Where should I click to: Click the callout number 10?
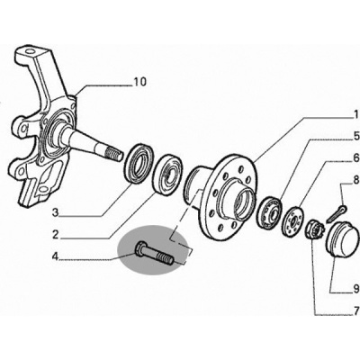tap(139, 82)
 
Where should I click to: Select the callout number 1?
tap(355, 114)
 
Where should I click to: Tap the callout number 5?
tap(355, 137)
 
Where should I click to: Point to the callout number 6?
tap(355, 157)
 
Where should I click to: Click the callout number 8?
tap(355, 180)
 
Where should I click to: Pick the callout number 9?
tap(355, 289)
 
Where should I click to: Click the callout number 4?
tap(55, 256)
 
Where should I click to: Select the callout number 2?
tap(55, 235)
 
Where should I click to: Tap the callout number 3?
tap(55, 213)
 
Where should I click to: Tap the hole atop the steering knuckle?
tap(30, 51)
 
